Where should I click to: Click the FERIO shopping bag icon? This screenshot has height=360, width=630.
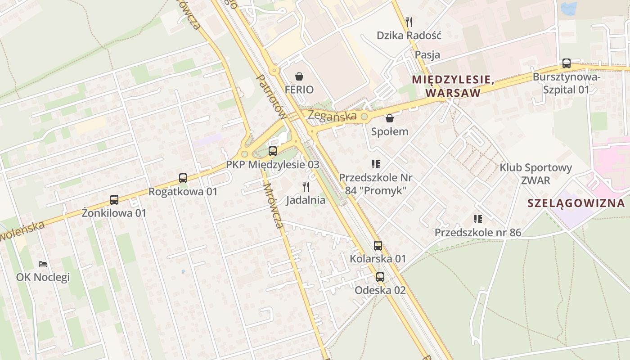click(x=299, y=77)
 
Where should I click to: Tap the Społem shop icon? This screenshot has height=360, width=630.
click(x=390, y=118)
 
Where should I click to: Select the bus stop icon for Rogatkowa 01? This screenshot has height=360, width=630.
click(x=183, y=178)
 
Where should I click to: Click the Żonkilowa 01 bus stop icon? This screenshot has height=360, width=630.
click(x=114, y=200)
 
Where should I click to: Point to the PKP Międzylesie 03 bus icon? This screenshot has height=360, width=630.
click(x=273, y=151)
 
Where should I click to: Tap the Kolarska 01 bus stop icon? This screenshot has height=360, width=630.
click(x=378, y=246)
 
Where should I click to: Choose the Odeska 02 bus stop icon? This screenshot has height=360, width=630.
click(x=380, y=277)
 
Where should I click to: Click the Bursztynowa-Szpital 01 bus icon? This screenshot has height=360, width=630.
click(x=567, y=63)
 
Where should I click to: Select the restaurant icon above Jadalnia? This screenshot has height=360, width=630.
click(x=306, y=187)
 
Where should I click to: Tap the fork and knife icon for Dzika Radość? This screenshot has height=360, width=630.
click(x=409, y=22)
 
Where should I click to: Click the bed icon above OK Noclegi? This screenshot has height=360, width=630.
click(x=43, y=264)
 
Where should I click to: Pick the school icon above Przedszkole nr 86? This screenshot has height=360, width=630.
click(x=477, y=219)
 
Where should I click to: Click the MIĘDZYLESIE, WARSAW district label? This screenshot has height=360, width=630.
click(x=453, y=86)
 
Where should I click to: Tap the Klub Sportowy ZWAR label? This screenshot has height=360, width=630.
click(x=535, y=174)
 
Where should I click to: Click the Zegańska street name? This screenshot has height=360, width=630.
click(x=332, y=115)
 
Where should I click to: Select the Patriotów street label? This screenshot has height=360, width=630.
click(x=271, y=96)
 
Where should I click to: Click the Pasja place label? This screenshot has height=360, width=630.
click(x=427, y=55)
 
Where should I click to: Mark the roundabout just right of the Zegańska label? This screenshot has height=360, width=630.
click(x=364, y=117)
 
